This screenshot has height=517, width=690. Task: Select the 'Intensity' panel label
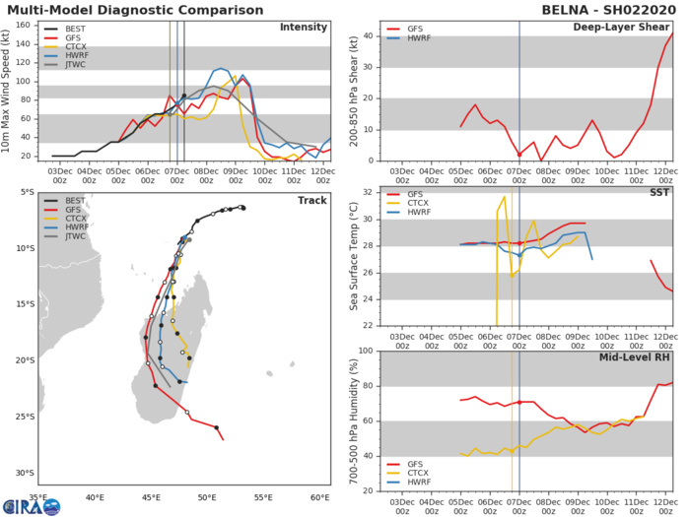(x=305, y=27)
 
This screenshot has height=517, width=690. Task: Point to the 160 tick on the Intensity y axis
(x=34, y=25)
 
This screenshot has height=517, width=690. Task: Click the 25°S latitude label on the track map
(x=22, y=417)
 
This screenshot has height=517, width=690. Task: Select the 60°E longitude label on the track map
(x=320, y=497)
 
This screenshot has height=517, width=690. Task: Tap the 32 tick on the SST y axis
(x=367, y=193)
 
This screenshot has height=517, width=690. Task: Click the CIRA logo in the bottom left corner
(x=30, y=505)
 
